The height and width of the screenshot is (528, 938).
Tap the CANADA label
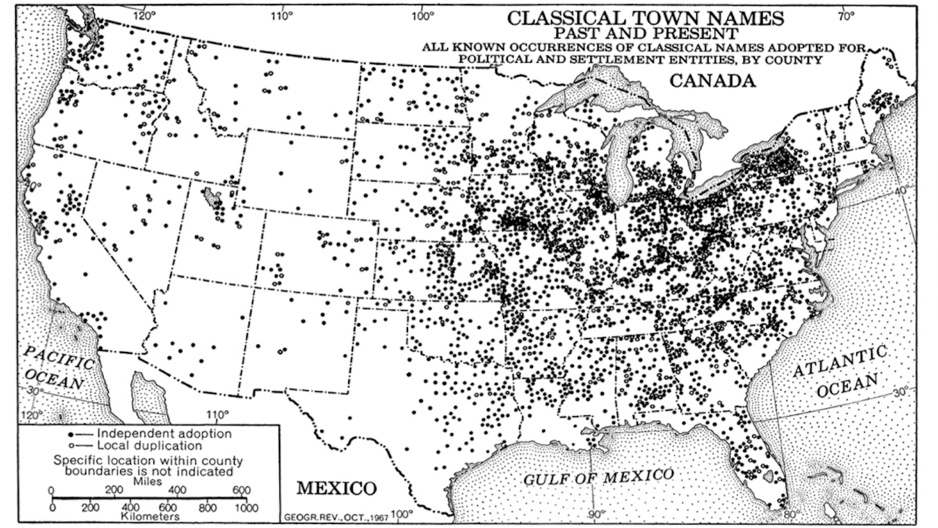pos(712,80)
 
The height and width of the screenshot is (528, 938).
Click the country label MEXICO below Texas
pos(336,488)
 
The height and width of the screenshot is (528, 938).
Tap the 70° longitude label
pos(846,16)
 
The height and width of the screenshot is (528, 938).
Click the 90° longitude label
pos(596,515)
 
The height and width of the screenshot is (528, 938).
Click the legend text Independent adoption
pos(164,434)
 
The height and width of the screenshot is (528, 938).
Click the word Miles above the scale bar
pos(147,482)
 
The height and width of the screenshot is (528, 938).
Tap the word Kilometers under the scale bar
pos(150,517)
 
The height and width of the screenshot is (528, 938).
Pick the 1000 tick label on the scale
pos(246,508)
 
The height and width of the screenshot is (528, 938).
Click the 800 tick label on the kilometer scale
pos(207,508)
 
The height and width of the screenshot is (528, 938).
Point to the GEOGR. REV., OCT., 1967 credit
pos(336,517)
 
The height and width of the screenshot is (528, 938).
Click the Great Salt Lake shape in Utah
pos(211,195)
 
